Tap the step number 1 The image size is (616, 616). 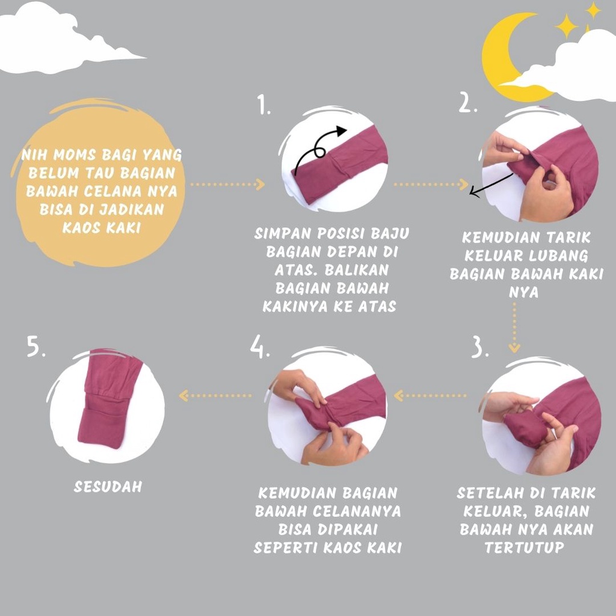pyautogui.click(x=263, y=105)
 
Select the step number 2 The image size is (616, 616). pyautogui.click(x=467, y=103)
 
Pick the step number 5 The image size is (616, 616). pyautogui.click(x=35, y=346)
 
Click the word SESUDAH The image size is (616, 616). pyautogui.click(x=108, y=487)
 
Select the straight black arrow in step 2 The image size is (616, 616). pyautogui.click(x=491, y=184)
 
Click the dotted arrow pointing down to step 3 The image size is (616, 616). pyautogui.click(x=514, y=328)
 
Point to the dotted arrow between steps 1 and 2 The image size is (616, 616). pyautogui.click(x=431, y=184)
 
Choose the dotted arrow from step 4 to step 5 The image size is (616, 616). pyautogui.click(x=215, y=396)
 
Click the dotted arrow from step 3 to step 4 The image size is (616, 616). pyautogui.click(x=430, y=396)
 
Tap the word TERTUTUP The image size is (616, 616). pyautogui.click(x=525, y=547)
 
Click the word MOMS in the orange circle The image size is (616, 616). pyautogui.click(x=75, y=155)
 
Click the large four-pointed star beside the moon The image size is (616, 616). pyautogui.click(x=566, y=26)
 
